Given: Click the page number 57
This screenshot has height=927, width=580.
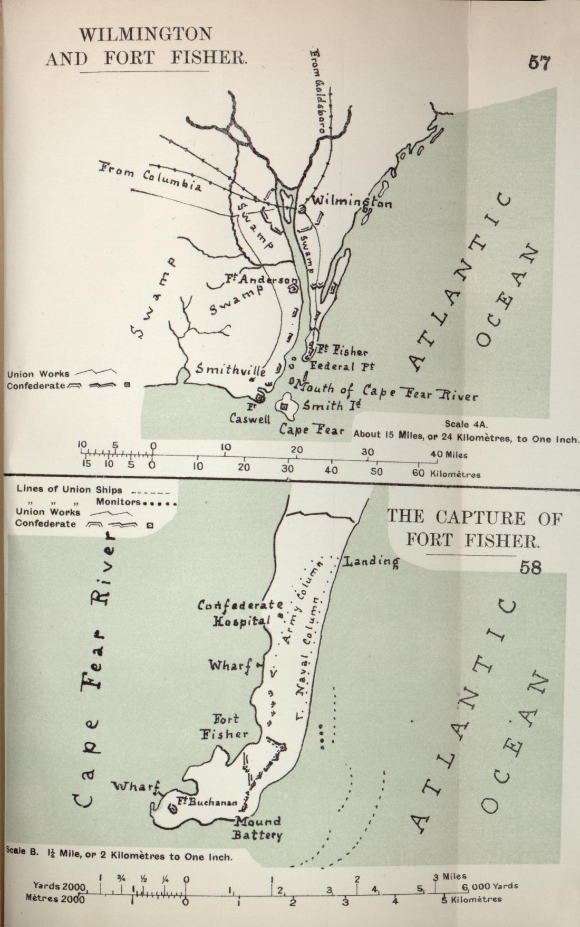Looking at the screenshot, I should click(539, 63).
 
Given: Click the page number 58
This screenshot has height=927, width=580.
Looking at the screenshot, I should click(530, 567).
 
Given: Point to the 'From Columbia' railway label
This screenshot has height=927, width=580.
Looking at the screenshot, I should click(151, 177).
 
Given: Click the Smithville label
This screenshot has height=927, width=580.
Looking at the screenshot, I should click(231, 370).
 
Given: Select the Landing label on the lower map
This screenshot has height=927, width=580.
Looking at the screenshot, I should click(371, 561).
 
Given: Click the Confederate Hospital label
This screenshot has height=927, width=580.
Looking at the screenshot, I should click(240, 613).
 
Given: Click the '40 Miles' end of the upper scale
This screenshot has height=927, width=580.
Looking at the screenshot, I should click(448, 453).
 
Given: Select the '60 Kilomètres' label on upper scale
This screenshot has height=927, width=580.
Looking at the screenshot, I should click(446, 473).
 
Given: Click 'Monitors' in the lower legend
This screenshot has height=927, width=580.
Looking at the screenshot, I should click(118, 502).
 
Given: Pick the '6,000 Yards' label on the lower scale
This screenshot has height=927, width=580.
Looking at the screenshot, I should click(489, 885).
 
